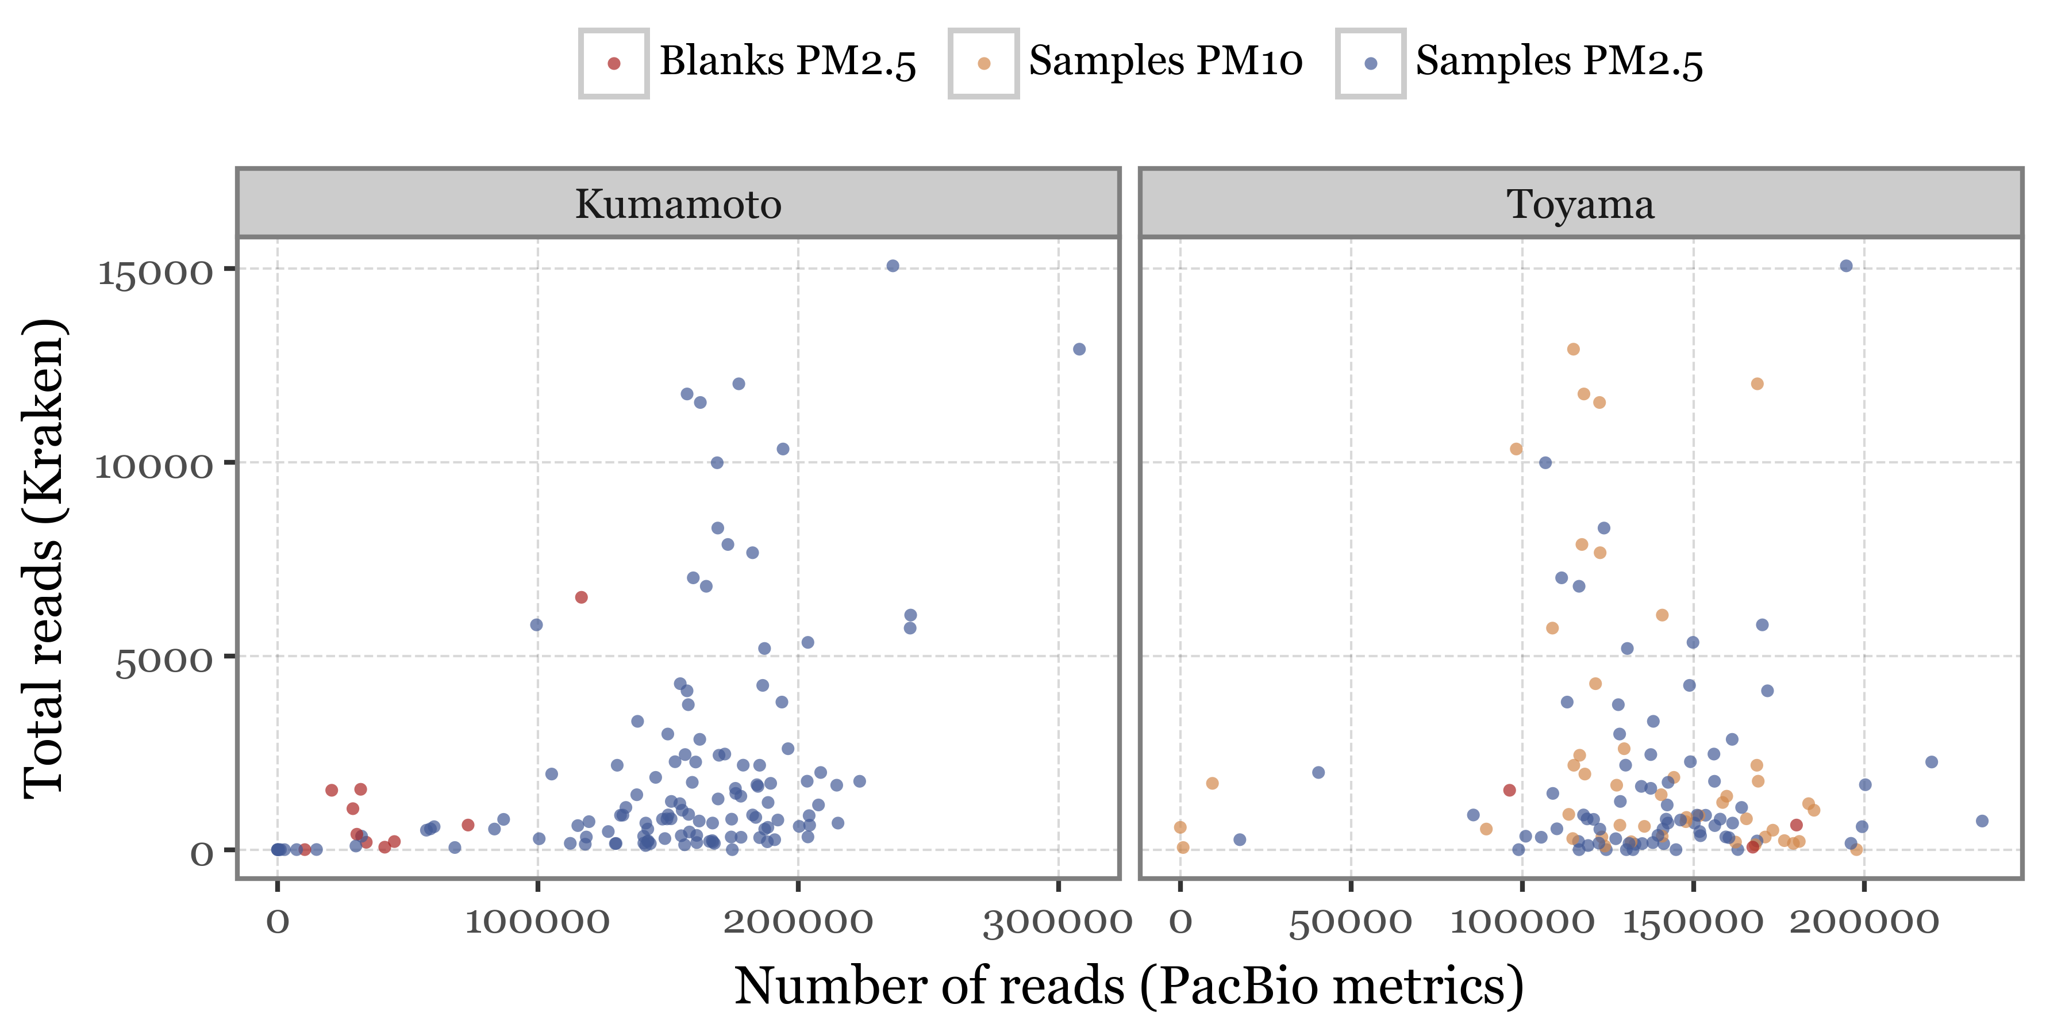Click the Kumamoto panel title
click(x=678, y=204)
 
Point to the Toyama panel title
click(x=1580, y=204)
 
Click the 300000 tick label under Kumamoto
click(x=1057, y=921)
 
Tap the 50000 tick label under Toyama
click(x=1350, y=921)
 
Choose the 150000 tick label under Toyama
click(x=1693, y=921)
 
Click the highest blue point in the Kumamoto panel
click(x=893, y=266)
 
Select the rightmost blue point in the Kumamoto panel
click(x=1079, y=350)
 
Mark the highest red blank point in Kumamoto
click(x=580, y=597)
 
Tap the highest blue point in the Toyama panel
click(x=1845, y=266)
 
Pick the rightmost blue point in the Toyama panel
click(x=1982, y=821)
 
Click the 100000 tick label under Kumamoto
click(x=537, y=921)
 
